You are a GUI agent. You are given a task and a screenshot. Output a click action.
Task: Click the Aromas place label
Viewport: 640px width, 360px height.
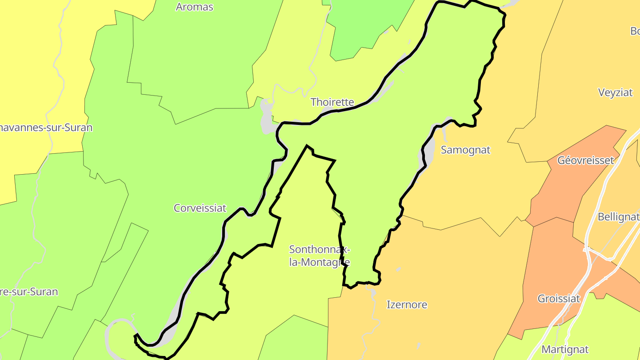(195, 7)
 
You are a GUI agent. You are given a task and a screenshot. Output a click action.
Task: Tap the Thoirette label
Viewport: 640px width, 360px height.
(332, 102)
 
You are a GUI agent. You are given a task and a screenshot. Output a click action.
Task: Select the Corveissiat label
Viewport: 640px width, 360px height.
(200, 208)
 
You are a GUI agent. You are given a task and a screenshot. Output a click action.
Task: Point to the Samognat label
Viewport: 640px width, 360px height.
(465, 150)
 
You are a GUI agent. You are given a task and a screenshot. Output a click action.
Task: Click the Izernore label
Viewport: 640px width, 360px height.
(407, 305)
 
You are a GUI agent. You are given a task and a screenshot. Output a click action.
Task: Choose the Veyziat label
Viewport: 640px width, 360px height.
(615, 92)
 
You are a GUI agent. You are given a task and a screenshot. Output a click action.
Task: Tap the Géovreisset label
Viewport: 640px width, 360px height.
(585, 160)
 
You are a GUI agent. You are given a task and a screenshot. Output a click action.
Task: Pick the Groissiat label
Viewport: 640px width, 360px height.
(559, 299)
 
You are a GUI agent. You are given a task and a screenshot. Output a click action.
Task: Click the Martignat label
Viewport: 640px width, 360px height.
(565, 349)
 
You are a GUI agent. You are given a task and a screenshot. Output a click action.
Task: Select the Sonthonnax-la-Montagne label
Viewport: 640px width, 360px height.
(319, 256)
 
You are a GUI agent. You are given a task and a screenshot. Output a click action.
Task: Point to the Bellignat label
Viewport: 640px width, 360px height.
(618, 217)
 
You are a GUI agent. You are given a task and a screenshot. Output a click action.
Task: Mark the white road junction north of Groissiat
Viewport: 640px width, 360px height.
(589, 251)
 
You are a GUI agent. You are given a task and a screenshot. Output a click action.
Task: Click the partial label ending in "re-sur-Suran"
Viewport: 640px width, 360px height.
(29, 292)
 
